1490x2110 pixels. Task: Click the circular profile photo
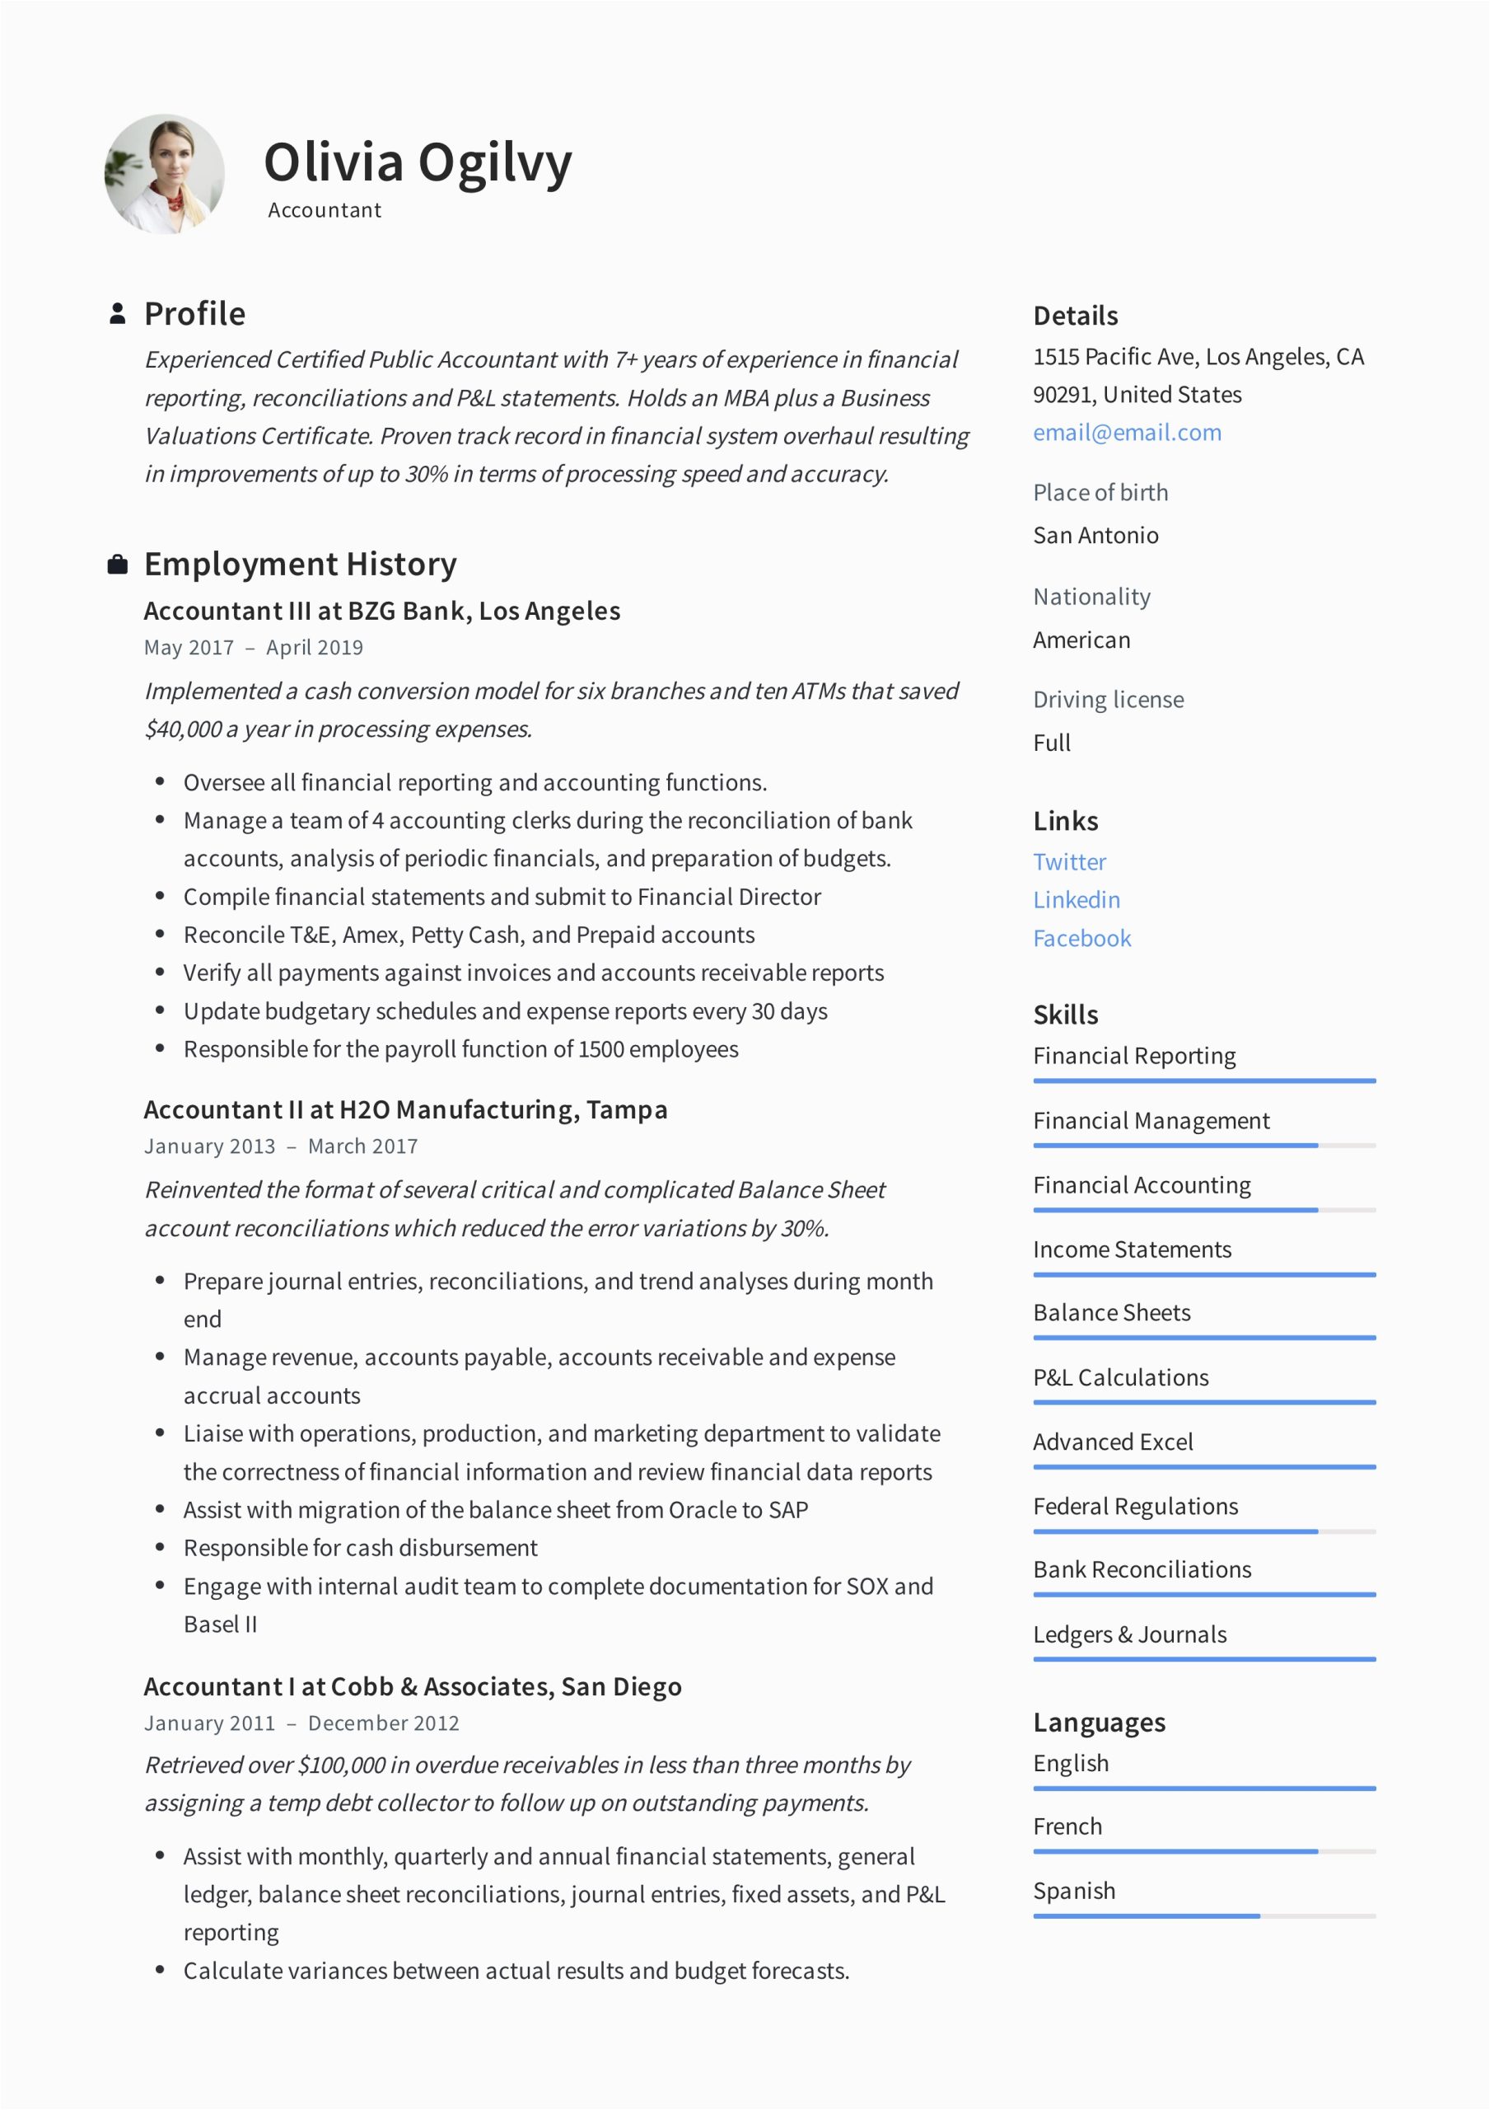(165, 175)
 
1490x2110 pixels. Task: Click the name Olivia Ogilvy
(417, 162)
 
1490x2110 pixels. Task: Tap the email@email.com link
(1126, 433)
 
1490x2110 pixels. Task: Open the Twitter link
(1069, 862)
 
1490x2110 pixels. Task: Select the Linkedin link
(1076, 900)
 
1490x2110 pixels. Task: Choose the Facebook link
(1081, 938)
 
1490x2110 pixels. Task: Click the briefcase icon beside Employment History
(118, 565)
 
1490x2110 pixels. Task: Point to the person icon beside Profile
(118, 313)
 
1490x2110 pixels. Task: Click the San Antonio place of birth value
(1095, 536)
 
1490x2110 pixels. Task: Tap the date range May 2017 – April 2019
(254, 648)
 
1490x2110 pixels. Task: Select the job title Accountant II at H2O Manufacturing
(405, 1110)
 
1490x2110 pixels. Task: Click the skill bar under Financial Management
(1203, 1146)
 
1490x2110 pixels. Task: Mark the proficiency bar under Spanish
(1203, 1916)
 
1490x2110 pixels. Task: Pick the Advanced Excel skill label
(1113, 1442)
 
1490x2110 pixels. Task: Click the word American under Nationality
(1081, 640)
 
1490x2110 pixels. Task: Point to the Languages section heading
(1099, 1722)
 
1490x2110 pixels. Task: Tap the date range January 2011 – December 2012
(301, 1723)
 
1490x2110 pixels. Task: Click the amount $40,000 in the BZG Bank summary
(183, 729)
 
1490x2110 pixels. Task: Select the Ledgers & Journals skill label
(1129, 1635)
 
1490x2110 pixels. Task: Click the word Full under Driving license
(1052, 743)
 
